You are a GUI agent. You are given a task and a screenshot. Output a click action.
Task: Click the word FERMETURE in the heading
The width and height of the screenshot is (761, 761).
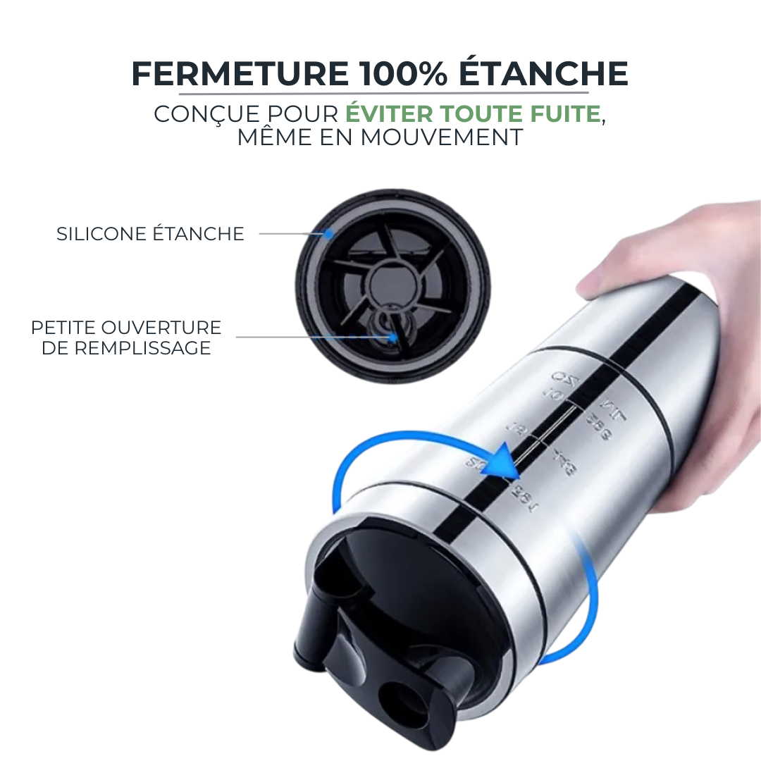239,75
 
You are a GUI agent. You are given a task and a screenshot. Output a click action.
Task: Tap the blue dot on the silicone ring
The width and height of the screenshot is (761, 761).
328,234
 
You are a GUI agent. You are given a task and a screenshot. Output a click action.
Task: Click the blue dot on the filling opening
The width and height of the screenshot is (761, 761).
393,338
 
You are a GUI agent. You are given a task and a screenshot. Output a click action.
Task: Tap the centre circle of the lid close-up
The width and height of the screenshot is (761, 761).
392,278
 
